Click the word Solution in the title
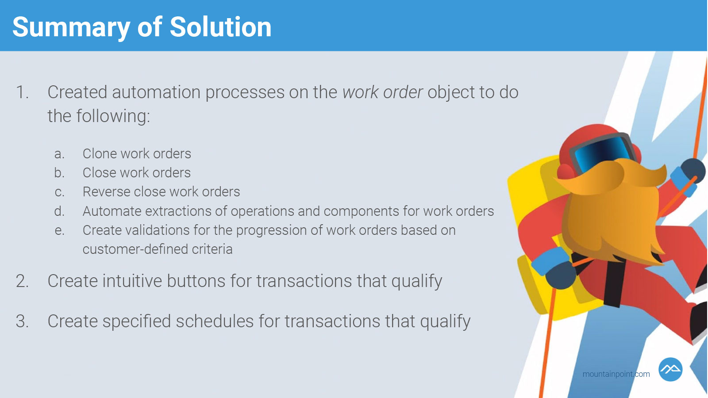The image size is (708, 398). pos(220,27)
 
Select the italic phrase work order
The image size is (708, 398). pos(382,92)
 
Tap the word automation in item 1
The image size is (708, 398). pos(157,92)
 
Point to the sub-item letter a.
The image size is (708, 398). pos(59,154)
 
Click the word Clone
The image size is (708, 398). pos(100,153)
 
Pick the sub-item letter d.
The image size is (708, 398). pos(59,211)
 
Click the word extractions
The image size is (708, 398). pos(178,211)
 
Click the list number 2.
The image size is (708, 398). pos(22,281)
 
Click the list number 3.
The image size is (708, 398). pos(22,321)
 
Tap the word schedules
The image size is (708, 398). pos(215,321)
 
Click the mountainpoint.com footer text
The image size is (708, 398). pos(616,374)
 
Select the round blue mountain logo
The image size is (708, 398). pos(670,370)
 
